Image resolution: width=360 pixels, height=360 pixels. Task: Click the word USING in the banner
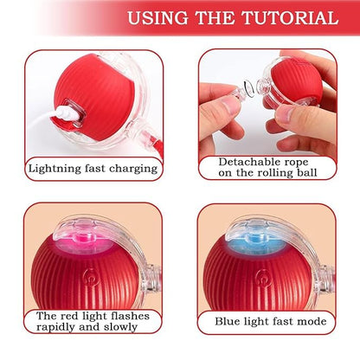point(154,17)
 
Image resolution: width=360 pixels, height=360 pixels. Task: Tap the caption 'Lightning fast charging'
point(93,169)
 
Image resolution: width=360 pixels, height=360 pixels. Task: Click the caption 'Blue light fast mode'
point(272,322)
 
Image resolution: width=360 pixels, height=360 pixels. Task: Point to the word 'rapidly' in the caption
point(59,327)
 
